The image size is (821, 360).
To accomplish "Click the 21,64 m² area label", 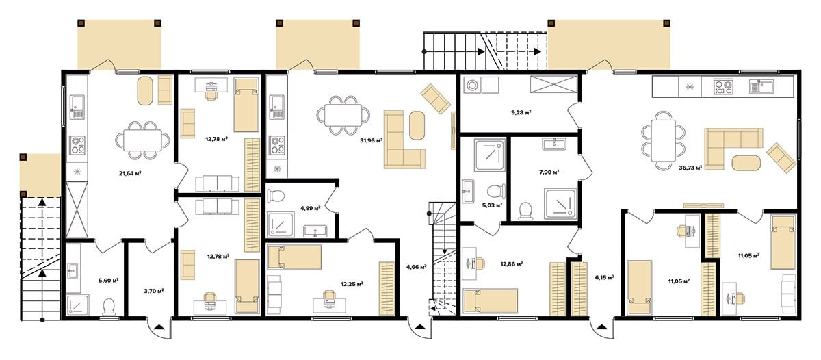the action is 130,173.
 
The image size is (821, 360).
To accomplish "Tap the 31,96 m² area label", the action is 372,140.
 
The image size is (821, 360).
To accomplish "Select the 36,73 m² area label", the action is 690,168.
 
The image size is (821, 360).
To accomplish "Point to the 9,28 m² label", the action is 521,112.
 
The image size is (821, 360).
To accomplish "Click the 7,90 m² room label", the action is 549,172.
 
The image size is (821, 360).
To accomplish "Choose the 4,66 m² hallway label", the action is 417,267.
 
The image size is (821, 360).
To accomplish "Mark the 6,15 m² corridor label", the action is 605,277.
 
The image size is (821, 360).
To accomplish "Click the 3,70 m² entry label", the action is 153,291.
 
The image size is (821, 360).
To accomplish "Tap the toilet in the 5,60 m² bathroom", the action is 109,307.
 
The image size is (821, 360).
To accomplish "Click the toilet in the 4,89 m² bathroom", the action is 276,195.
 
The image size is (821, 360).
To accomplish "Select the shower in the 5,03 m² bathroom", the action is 490,155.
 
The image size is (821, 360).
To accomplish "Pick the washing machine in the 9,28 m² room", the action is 473,86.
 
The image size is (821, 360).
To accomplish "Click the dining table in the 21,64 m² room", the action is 142,140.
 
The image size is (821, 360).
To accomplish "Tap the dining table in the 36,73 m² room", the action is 664,141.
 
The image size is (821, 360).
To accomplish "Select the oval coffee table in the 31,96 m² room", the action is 417,125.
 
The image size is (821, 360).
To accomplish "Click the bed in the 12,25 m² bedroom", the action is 295,257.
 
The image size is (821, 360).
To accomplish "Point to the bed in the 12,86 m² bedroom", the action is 491,301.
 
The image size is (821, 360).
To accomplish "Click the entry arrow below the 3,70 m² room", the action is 160,327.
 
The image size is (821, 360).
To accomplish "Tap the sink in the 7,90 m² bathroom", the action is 554,144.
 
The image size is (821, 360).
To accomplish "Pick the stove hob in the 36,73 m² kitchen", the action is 724,86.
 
